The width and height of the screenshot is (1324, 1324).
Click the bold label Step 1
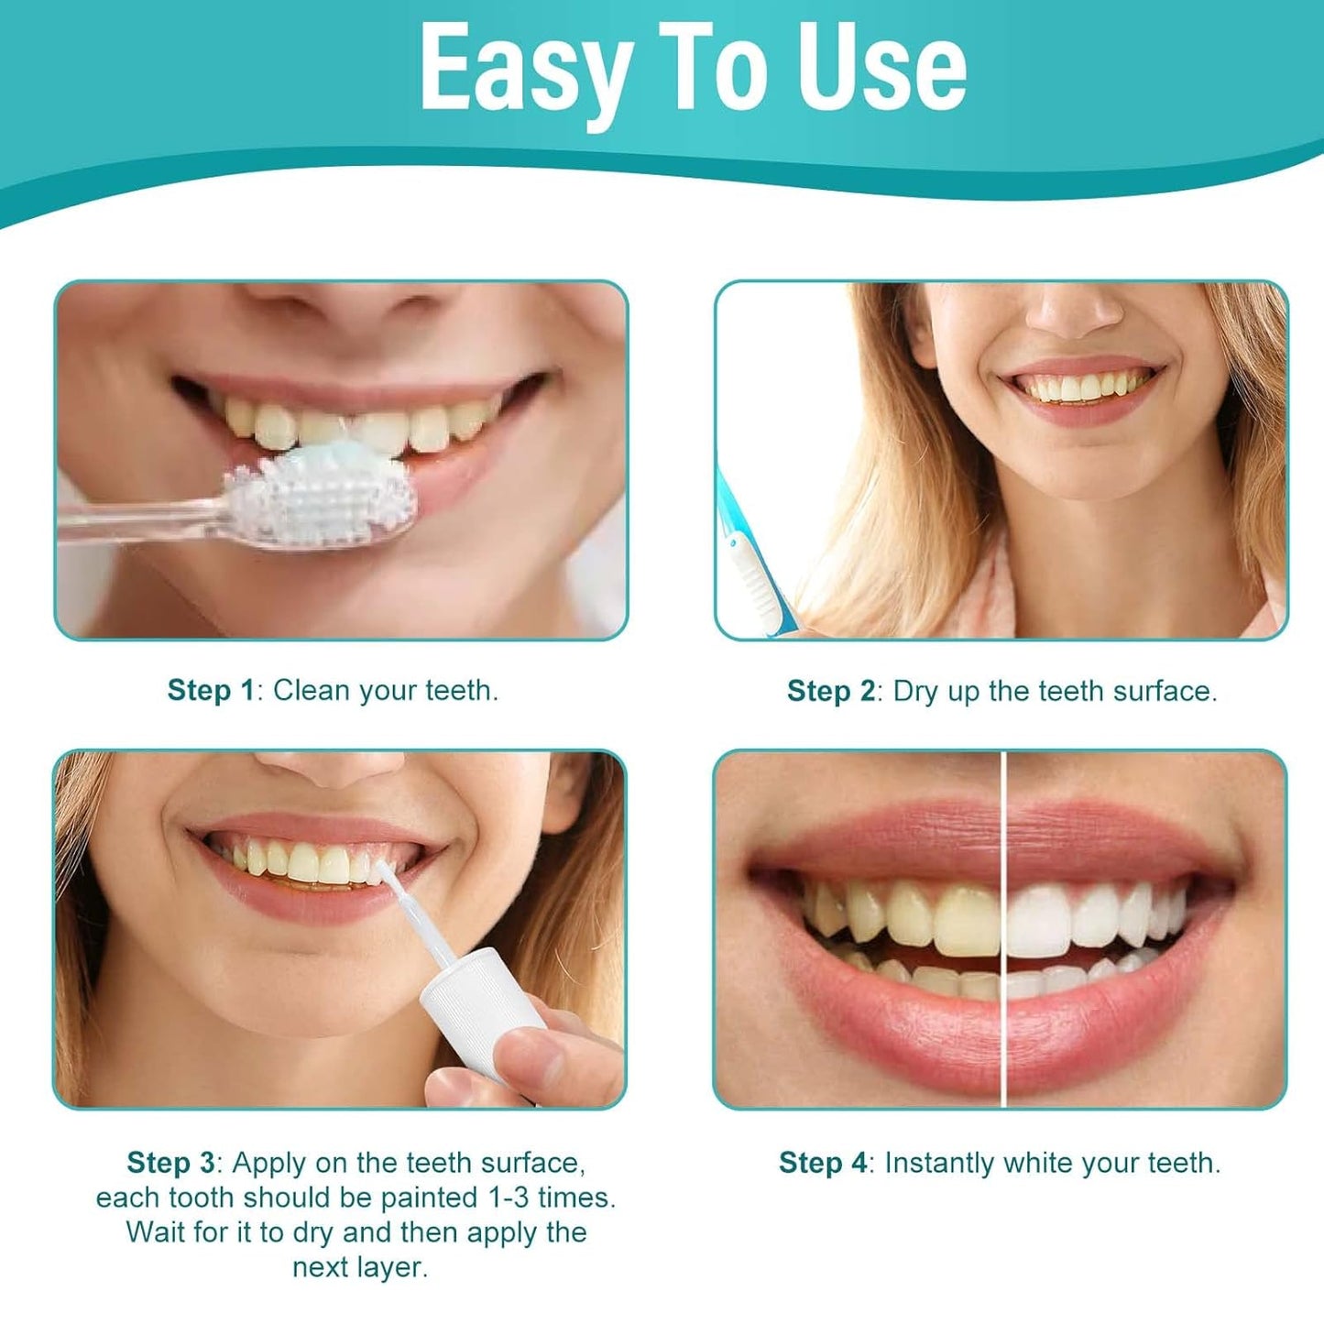(210, 690)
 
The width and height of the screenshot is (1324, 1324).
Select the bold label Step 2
(830, 691)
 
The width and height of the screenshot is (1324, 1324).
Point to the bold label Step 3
(170, 1163)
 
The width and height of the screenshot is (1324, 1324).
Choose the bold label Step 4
(822, 1163)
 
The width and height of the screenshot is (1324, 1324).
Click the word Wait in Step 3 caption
(158, 1232)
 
